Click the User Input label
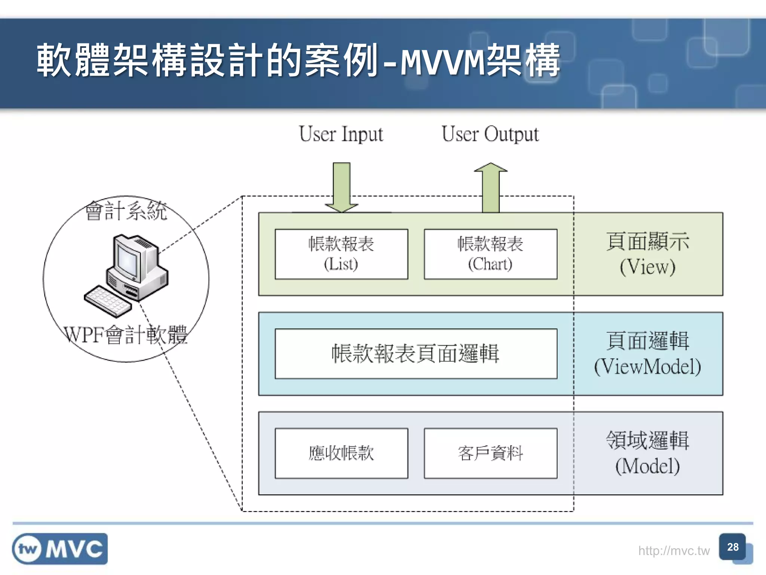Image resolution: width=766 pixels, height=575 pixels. point(341,134)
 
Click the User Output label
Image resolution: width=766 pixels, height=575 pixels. point(490,134)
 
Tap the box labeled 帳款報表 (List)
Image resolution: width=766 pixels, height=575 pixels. point(341,254)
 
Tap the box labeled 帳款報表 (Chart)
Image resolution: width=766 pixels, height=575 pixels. point(490,254)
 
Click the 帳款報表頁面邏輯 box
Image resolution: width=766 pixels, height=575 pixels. point(416,354)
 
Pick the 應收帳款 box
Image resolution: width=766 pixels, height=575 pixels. point(341,453)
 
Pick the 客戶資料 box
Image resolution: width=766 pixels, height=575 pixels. point(490,453)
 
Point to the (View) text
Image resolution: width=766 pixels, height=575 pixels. point(647,267)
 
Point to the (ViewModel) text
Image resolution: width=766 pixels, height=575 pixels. point(647,366)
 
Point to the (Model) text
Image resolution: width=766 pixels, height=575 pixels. point(647,466)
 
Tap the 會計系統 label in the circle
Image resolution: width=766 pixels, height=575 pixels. point(126,211)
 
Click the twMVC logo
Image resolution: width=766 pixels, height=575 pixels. point(60,549)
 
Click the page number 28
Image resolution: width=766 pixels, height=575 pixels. point(732,547)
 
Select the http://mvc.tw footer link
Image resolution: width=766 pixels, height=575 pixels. point(674,551)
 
